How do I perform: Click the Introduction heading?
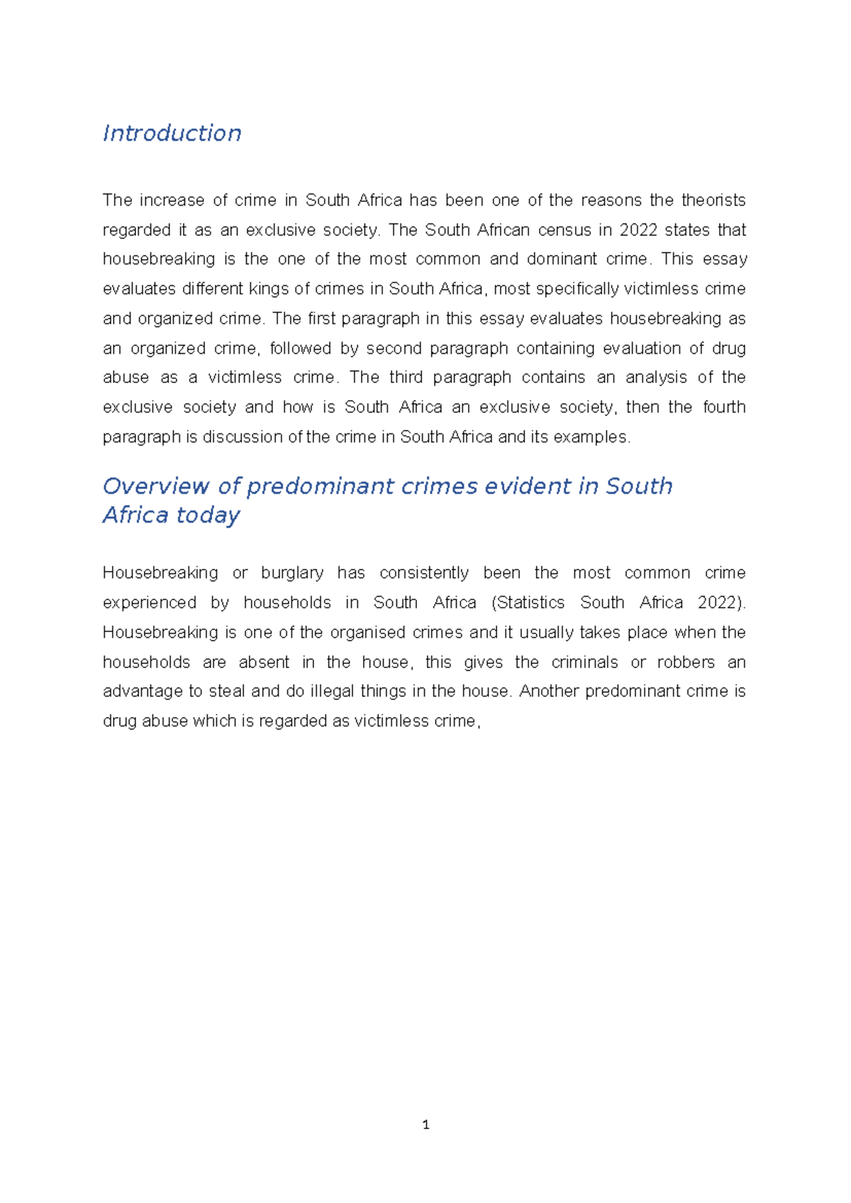pyautogui.click(x=172, y=133)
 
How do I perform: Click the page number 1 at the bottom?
pyautogui.click(x=425, y=1125)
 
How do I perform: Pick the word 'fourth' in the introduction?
pyautogui.click(x=724, y=407)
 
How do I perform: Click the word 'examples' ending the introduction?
pyautogui.click(x=591, y=437)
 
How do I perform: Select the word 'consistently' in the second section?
pyautogui.click(x=424, y=573)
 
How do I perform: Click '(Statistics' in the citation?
pyautogui.click(x=528, y=603)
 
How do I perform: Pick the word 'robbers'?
pyautogui.click(x=686, y=663)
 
